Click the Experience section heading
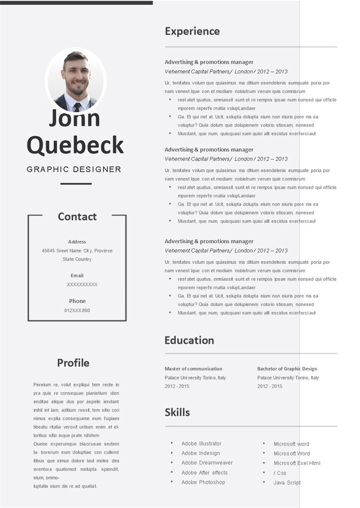tap(192, 31)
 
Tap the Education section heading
tap(189, 340)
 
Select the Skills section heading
tap(177, 412)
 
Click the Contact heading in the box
tap(77, 216)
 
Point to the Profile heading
tap(73, 363)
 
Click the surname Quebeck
tap(75, 145)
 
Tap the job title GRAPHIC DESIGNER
tap(74, 169)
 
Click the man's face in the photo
tap(76, 77)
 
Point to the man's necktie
tap(77, 106)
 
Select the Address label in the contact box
tap(77, 242)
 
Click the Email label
tap(77, 275)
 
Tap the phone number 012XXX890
tap(77, 310)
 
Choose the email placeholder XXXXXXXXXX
tap(82, 284)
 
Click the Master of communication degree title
tap(193, 369)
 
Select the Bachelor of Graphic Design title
tap(287, 369)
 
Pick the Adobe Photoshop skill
tap(203, 482)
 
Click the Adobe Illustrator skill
tap(201, 444)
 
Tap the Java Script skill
tap(287, 483)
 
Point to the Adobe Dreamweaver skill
tap(207, 463)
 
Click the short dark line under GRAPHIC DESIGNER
tap(76, 184)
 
